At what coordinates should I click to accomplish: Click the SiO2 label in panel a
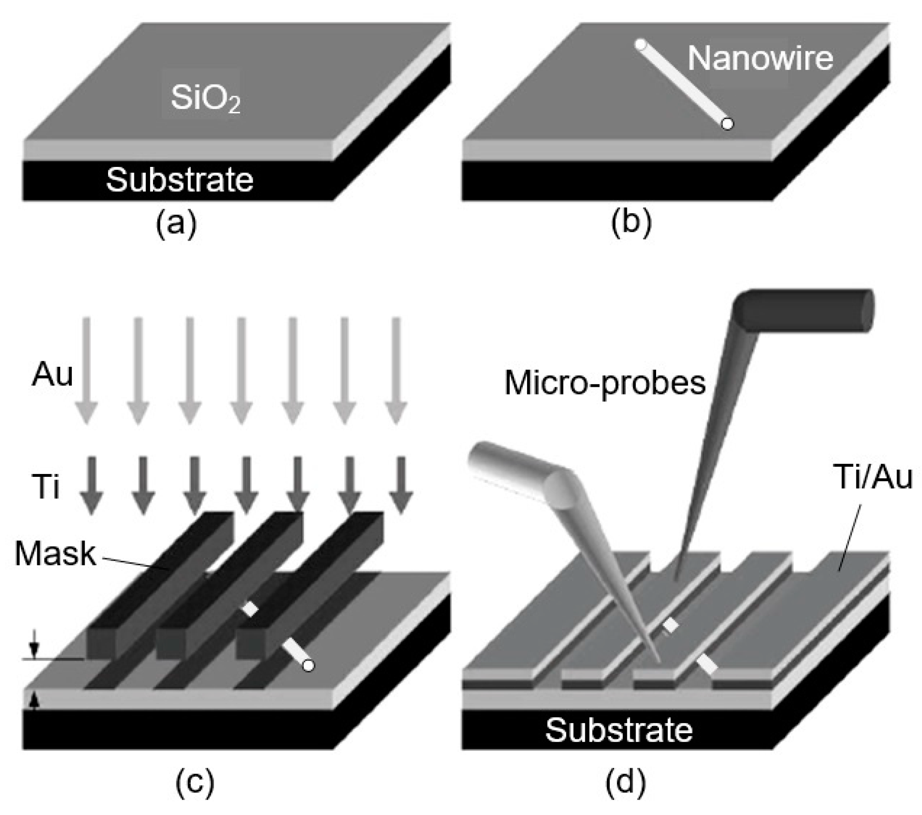205,98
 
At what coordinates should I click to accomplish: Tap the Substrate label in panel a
179,180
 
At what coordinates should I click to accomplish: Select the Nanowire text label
760,58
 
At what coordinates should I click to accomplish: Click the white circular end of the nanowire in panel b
727,124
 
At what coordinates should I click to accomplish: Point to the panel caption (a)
176,223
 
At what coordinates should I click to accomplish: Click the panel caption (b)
631,223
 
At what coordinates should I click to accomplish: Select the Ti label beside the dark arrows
47,486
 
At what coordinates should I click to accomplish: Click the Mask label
55,554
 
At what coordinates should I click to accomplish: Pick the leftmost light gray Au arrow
87,371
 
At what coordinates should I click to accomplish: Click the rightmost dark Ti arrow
401,485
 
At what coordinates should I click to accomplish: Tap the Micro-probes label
605,383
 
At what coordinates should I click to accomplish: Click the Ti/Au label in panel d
873,477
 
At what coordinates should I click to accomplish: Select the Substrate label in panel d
619,730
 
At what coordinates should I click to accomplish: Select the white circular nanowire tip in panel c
309,665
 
